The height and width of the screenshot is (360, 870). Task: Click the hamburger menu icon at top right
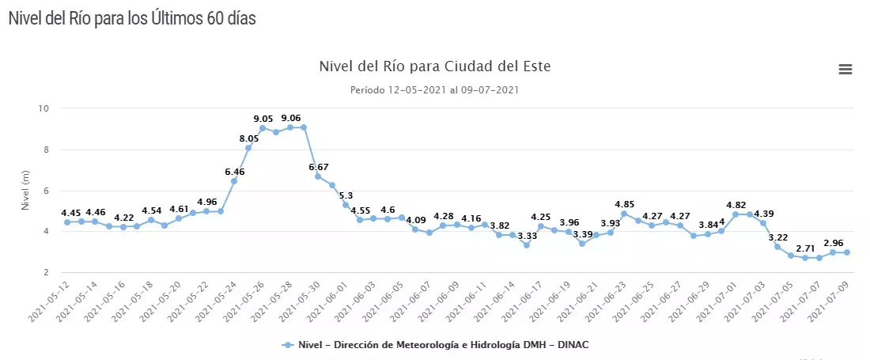[x=845, y=69]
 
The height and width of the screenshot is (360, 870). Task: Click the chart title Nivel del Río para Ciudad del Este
[x=434, y=66]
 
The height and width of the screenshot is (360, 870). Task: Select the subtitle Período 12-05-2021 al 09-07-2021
[x=434, y=89]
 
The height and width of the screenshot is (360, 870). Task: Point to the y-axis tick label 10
[x=44, y=108]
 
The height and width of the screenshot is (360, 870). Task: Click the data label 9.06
[x=291, y=118]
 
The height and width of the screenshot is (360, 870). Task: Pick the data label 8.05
[x=249, y=138]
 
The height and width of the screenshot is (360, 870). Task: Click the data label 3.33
[x=528, y=236]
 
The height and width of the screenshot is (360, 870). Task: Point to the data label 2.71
[x=805, y=248]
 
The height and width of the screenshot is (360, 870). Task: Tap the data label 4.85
[x=624, y=204]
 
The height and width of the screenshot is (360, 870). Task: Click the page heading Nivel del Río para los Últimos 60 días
[x=132, y=18]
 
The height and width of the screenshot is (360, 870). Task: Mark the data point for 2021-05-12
[x=67, y=222]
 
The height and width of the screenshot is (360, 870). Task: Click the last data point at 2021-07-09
[x=846, y=252]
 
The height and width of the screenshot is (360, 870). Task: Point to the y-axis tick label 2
[x=47, y=272]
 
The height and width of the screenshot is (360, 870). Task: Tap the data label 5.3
[x=346, y=195]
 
